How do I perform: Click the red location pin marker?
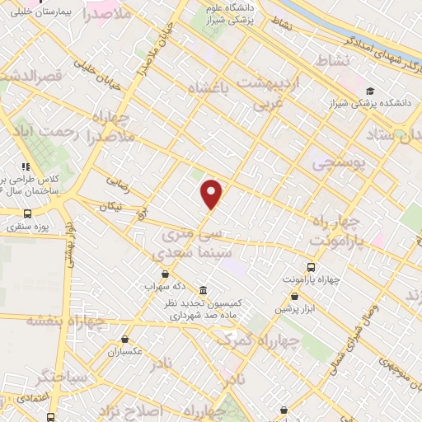(212, 195)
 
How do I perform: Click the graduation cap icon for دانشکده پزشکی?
(370, 91)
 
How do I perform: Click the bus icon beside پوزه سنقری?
(27, 213)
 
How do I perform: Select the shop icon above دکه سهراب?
(165, 274)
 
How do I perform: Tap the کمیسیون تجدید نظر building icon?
(203, 288)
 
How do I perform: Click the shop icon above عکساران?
(124, 340)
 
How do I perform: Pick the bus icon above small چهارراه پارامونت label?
(310, 267)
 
